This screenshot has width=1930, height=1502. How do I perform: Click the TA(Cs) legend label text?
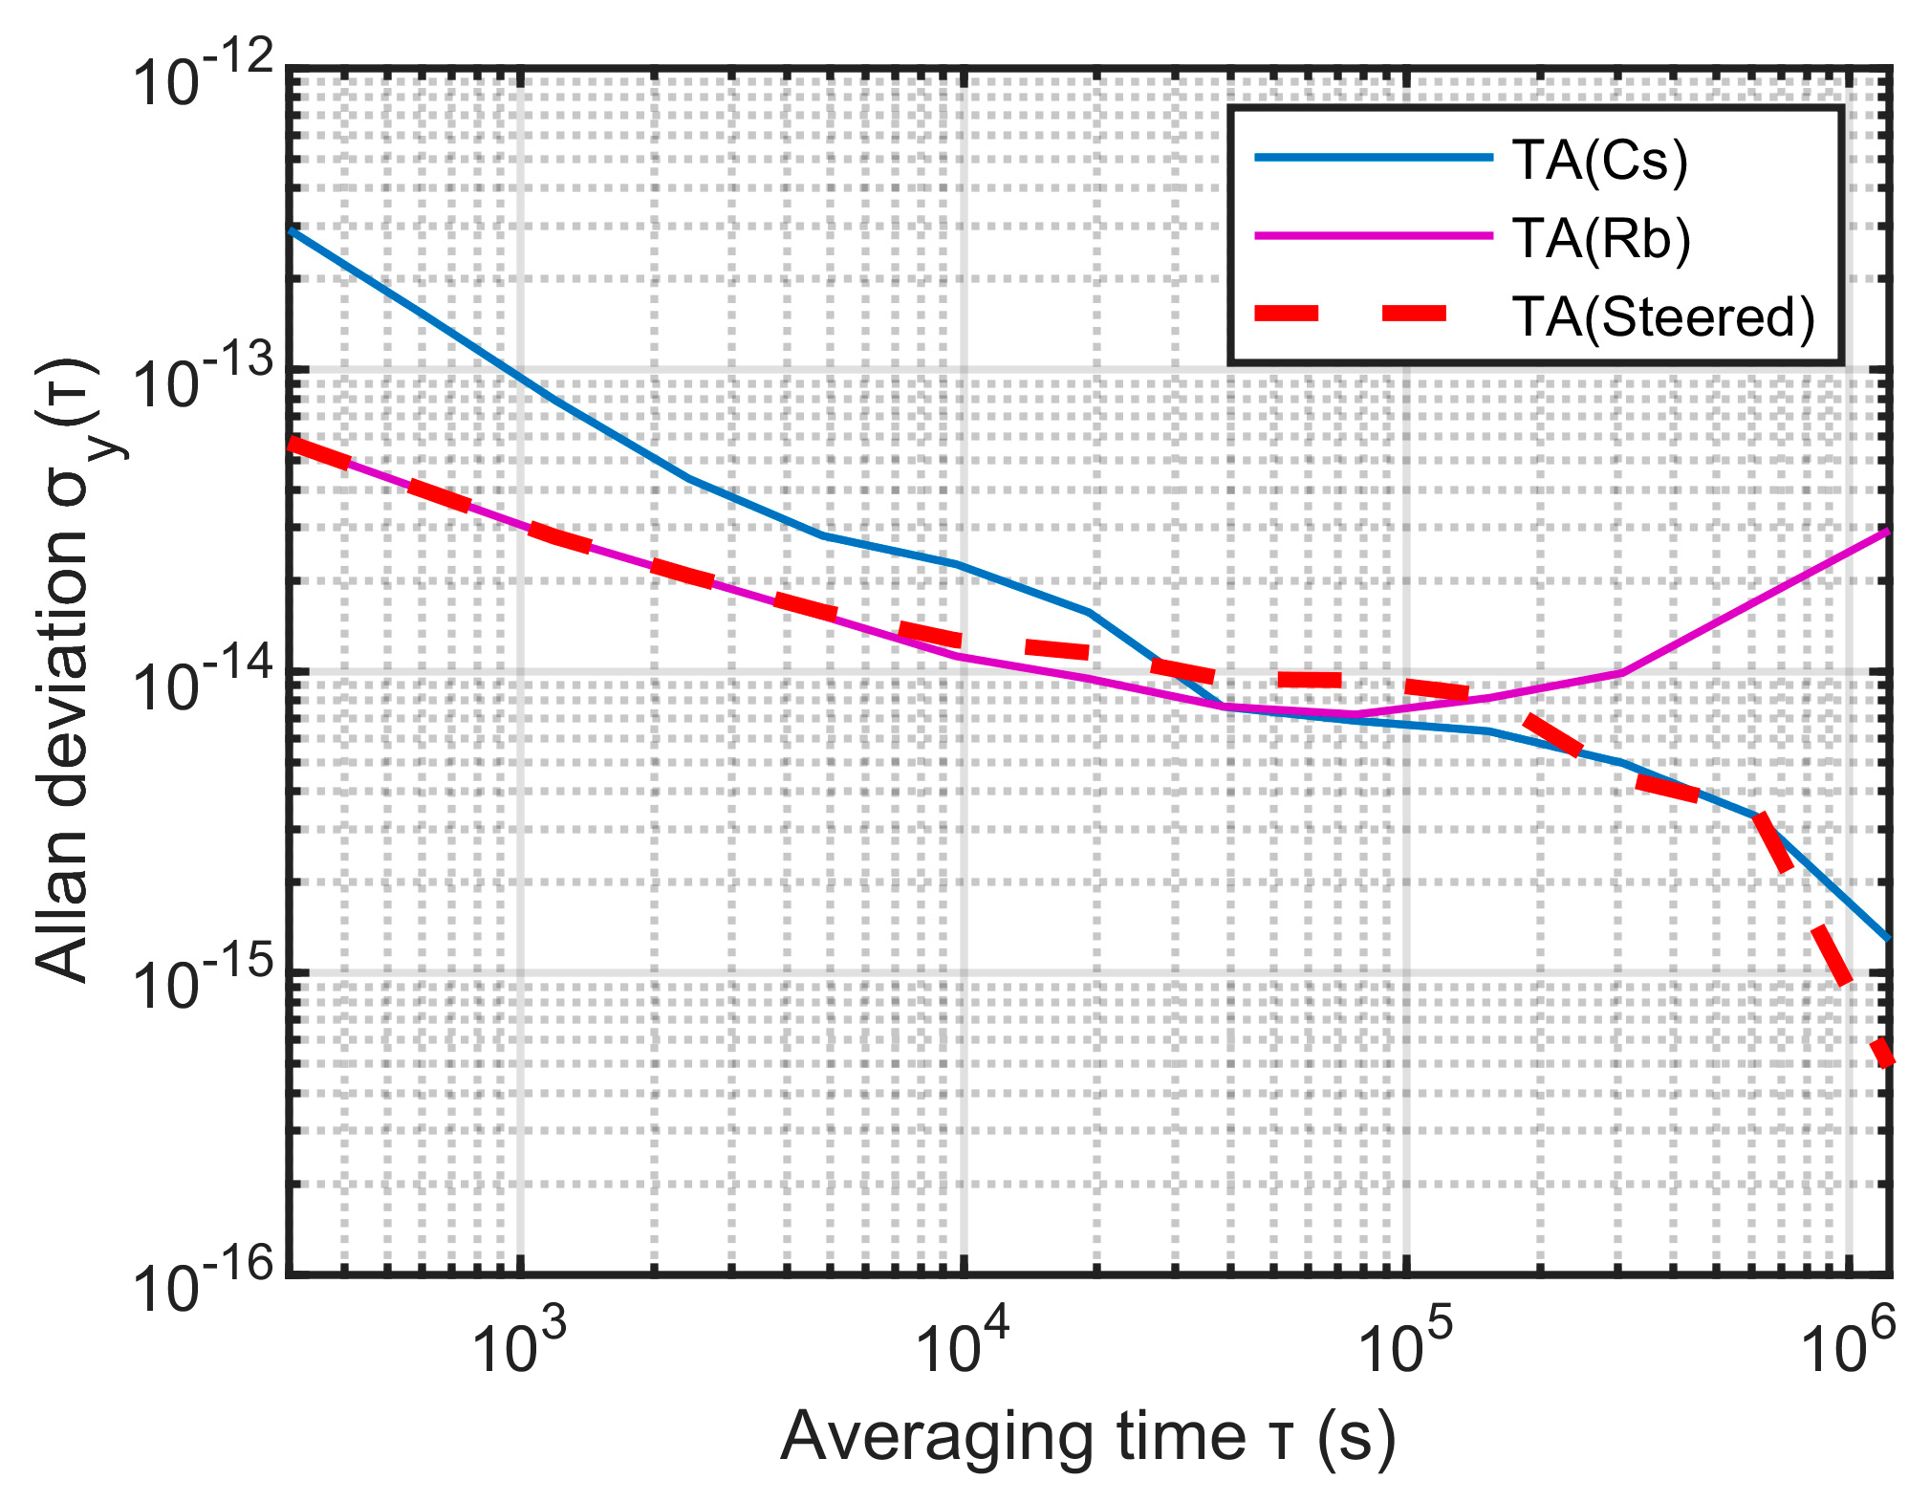1600,160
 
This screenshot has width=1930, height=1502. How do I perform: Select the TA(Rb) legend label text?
1601,238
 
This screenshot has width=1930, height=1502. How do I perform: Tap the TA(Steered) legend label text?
1662,316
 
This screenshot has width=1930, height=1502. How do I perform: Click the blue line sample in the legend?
1374,158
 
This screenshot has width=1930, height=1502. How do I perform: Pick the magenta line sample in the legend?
1374,235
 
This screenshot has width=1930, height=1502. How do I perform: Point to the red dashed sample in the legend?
1374,314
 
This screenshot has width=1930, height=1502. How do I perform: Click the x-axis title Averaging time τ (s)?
1088,1437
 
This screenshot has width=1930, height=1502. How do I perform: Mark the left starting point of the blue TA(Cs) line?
292,231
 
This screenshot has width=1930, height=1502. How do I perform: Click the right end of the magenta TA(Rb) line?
1887,531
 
